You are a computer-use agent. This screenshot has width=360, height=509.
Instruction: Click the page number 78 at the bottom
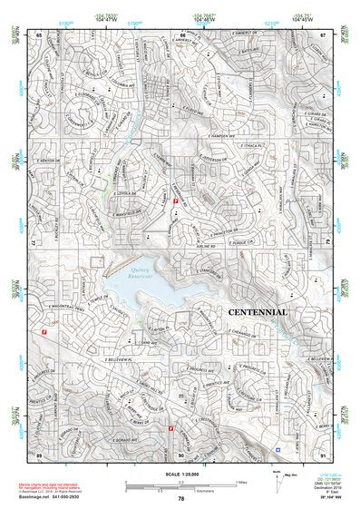(x=180, y=499)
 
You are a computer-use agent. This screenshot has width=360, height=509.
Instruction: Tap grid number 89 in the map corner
(x=39, y=454)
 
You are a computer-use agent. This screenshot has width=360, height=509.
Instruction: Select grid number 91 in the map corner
(x=323, y=454)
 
